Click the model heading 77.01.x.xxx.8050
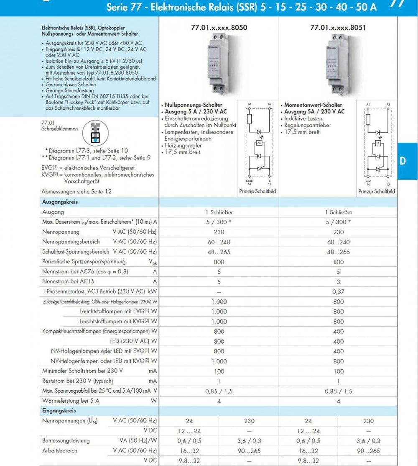219,28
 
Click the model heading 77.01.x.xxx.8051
338,28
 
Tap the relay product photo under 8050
218,66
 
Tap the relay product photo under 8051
338,66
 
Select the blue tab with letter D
403,161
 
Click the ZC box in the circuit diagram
259,143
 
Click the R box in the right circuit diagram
378,143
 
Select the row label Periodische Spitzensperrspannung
84,262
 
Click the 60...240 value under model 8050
219,242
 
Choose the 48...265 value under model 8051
338,252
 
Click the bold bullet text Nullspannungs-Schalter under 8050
194,105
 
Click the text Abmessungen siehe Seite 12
76,191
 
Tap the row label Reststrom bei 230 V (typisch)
77,381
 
